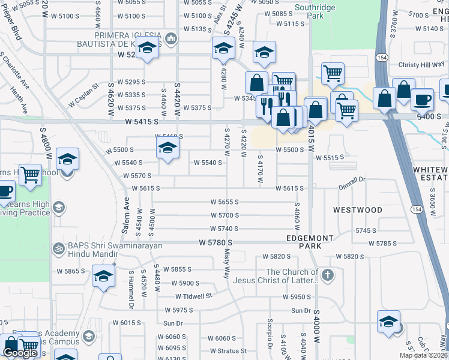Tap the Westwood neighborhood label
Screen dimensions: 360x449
(x=358, y=210)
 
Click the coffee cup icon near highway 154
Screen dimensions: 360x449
(x=422, y=100)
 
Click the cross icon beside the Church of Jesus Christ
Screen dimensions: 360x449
(x=327, y=276)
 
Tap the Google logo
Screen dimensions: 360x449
(x=20, y=353)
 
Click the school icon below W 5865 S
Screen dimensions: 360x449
(x=103, y=277)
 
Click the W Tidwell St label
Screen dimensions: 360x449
(x=194, y=296)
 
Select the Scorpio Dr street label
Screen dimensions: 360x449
(x=270, y=338)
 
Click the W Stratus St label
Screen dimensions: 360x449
(x=228, y=351)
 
